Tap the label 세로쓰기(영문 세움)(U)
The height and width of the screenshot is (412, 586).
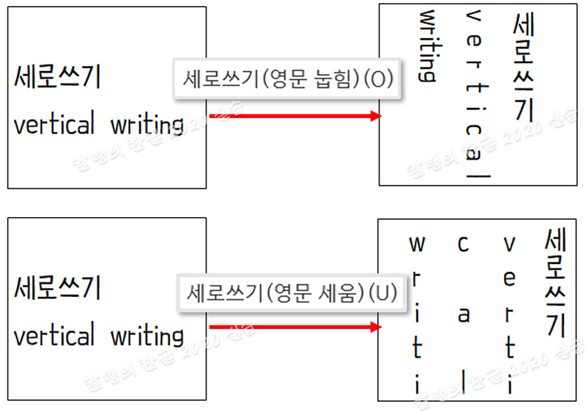[x=291, y=293]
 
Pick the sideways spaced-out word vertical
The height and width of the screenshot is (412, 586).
[x=475, y=95]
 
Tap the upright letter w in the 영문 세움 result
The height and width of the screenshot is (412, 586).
[x=416, y=243]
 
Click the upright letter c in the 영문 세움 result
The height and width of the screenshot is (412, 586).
[x=463, y=243]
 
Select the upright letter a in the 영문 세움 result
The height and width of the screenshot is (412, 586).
[x=463, y=315]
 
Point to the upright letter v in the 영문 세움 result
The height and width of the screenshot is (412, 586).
[x=510, y=243]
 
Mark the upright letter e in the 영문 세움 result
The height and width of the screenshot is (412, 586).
[x=510, y=279]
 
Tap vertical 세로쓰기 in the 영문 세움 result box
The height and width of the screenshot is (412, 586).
[x=556, y=283]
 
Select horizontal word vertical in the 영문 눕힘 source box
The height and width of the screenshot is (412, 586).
[x=54, y=125]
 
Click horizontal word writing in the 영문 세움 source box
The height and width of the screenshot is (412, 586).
[x=147, y=337]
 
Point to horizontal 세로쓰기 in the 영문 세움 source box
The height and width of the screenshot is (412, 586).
[x=57, y=289]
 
